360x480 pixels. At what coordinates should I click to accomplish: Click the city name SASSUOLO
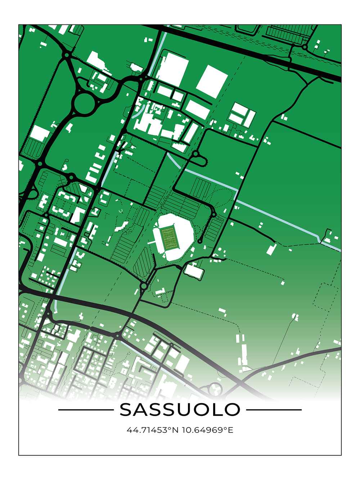(180, 410)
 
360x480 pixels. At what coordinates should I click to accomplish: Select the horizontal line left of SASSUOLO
(86, 410)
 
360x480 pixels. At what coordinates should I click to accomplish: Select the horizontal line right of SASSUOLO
(274, 410)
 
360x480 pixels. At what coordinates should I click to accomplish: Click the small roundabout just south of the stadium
(144, 286)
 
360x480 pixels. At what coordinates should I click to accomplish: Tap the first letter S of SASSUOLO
(127, 410)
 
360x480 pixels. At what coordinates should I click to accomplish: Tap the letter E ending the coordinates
(231, 430)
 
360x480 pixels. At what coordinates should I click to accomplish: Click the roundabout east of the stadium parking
(214, 215)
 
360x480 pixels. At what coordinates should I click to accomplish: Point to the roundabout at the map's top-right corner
(305, 47)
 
